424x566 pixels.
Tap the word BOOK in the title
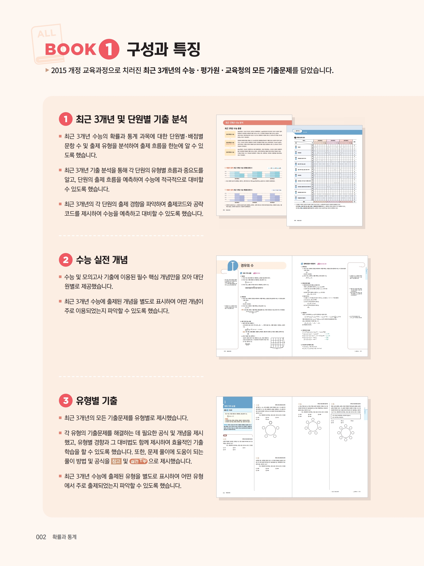tap(71, 49)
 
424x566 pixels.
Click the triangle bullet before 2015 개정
tap(47, 70)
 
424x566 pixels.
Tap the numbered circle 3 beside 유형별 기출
tap(66, 401)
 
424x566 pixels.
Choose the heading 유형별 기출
tap(96, 401)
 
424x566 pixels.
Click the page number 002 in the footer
tap(41, 537)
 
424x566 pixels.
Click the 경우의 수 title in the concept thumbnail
tap(247, 265)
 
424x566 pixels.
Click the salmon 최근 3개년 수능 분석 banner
tap(257, 123)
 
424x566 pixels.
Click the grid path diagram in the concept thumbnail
tap(277, 342)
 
